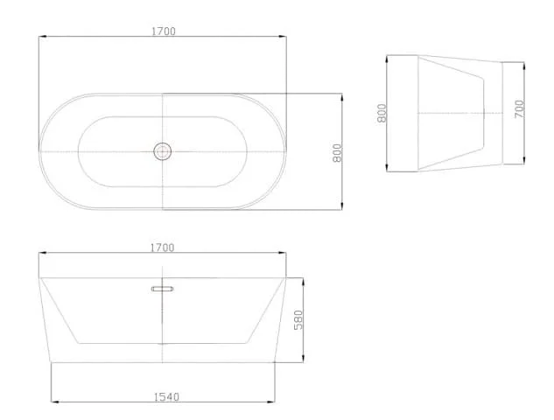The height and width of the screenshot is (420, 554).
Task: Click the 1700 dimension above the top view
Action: coord(164,31)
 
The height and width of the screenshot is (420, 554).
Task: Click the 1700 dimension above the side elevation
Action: coord(163,248)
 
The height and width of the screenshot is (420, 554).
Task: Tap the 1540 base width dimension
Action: coord(166,397)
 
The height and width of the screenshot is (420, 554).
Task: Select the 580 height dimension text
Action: coord(298,319)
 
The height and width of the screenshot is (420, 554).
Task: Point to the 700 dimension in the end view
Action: coord(519,108)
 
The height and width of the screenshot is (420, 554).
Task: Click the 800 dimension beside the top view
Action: coord(338,153)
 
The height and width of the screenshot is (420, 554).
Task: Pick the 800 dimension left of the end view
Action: coord(382,113)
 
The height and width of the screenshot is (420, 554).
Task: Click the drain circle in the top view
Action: coord(163,151)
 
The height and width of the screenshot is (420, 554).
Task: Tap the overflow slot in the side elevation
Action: coord(163,289)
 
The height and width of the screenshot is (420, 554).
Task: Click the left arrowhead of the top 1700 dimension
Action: coord(42,36)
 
